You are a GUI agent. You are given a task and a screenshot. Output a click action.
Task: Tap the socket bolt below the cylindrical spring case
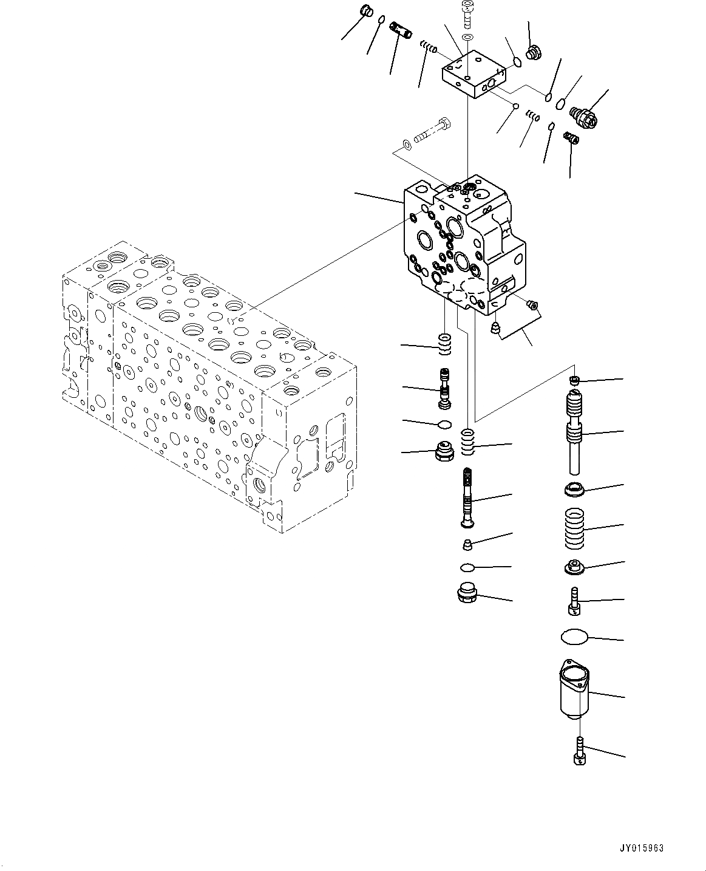(x=579, y=748)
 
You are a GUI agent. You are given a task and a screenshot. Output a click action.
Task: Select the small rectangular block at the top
(x=472, y=75)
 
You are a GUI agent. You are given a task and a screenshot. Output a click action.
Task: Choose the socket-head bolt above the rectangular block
(x=467, y=15)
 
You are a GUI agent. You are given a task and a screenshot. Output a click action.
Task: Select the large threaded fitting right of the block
(x=586, y=116)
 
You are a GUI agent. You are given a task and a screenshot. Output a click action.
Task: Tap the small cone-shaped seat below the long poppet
(x=467, y=544)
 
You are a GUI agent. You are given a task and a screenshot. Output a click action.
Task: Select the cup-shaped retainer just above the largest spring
(x=574, y=487)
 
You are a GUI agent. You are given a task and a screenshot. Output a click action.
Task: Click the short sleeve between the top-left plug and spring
(x=401, y=30)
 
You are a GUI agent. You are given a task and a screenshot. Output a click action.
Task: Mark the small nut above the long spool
(x=574, y=380)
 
